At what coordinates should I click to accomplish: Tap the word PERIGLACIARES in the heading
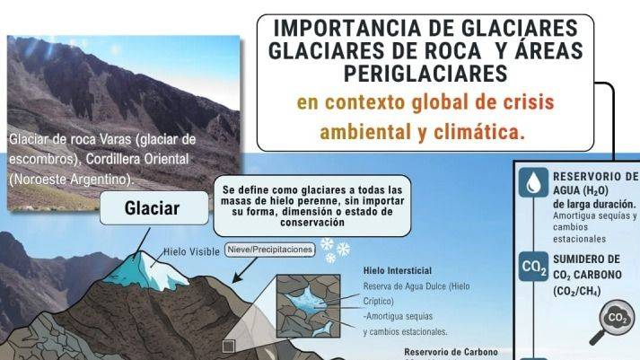click(425, 71)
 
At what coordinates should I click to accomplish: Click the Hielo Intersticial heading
click(398, 270)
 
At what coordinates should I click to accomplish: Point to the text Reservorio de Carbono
click(451, 352)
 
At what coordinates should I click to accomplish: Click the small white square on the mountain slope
click(229, 345)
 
